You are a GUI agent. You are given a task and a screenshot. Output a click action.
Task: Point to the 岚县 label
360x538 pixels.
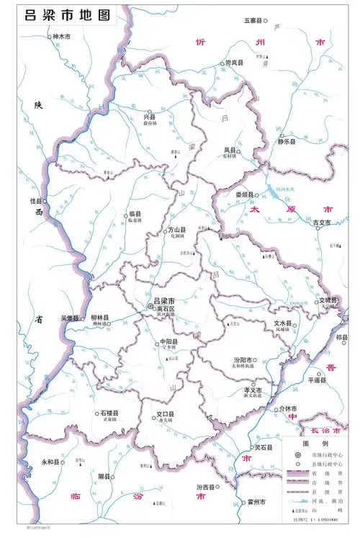[231, 150]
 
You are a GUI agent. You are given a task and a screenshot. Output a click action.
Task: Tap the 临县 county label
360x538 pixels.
[135, 214]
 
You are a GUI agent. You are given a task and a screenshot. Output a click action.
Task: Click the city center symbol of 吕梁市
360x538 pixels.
[150, 306]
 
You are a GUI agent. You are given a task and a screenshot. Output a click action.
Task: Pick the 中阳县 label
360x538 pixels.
[168, 341]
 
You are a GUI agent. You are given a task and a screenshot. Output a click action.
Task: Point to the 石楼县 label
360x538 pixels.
[109, 413]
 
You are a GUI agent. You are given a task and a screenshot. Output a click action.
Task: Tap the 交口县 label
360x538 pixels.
[166, 414]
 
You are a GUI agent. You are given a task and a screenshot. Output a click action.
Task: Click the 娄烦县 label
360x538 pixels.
[246, 194]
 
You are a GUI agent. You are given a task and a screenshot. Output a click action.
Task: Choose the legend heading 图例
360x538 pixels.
[315, 444]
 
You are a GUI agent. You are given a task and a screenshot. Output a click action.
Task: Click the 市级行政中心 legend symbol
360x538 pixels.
[295, 455]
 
